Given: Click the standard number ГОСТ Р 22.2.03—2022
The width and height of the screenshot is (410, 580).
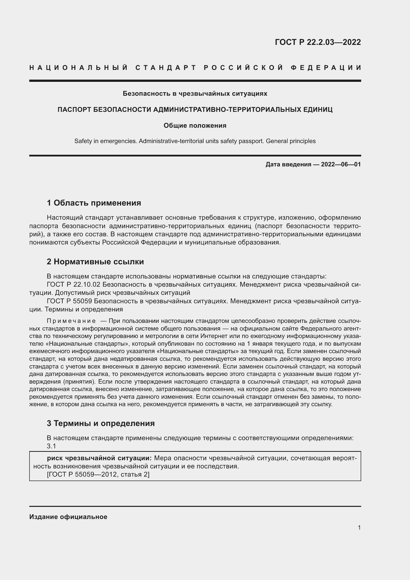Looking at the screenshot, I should coord(318,42).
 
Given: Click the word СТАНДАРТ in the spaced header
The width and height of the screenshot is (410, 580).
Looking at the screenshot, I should coord(166,68).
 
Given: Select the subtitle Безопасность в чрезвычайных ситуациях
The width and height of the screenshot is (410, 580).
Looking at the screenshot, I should coord(195,94).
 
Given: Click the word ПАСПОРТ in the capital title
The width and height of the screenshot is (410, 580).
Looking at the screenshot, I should coord(74,110).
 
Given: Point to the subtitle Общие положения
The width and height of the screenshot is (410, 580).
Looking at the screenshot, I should coord(195,125).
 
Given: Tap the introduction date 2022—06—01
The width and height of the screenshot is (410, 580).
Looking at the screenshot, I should coord(341,164).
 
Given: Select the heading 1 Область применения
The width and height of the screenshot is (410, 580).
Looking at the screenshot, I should coord(94,203).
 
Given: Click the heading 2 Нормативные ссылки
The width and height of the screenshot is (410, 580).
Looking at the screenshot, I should coord(95,262).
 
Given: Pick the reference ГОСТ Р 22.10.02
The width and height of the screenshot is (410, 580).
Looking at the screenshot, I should coord(73,284).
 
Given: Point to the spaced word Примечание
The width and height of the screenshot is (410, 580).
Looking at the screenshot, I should coord(71,321).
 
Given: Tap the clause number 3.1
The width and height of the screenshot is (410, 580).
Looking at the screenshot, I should coord(51,446).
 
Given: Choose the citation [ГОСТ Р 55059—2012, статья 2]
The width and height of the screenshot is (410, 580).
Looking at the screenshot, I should coord(98,474).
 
